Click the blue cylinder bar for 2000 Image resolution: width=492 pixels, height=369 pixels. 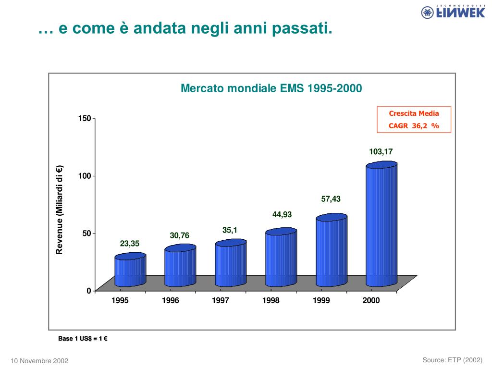pyautogui.click(x=381, y=224)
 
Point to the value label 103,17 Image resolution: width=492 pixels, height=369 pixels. pyautogui.click(x=381, y=152)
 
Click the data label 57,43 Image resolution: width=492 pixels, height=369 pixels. pyautogui.click(x=331, y=199)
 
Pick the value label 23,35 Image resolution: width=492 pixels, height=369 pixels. pyautogui.click(x=130, y=244)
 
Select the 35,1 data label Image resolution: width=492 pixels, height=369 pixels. pyautogui.click(x=230, y=231)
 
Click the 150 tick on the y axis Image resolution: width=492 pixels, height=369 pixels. pyautogui.click(x=85, y=118)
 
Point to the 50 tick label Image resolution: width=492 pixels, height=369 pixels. pyautogui.click(x=87, y=234)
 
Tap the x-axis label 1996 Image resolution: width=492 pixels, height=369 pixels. pyautogui.click(x=170, y=301)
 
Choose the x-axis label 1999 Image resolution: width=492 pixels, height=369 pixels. pyautogui.click(x=321, y=301)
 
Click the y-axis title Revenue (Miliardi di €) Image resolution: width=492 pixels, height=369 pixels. pyautogui.click(x=60, y=209)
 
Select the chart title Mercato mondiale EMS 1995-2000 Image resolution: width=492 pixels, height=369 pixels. pyautogui.click(x=271, y=89)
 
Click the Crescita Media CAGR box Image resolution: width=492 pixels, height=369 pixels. pyautogui.click(x=414, y=120)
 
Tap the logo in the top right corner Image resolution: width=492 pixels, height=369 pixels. pyautogui.click(x=453, y=12)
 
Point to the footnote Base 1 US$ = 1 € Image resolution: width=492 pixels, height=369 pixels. pyautogui.click(x=83, y=339)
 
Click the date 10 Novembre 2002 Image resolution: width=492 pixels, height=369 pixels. pyautogui.click(x=39, y=361)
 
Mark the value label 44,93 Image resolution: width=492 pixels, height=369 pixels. pyautogui.click(x=282, y=214)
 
